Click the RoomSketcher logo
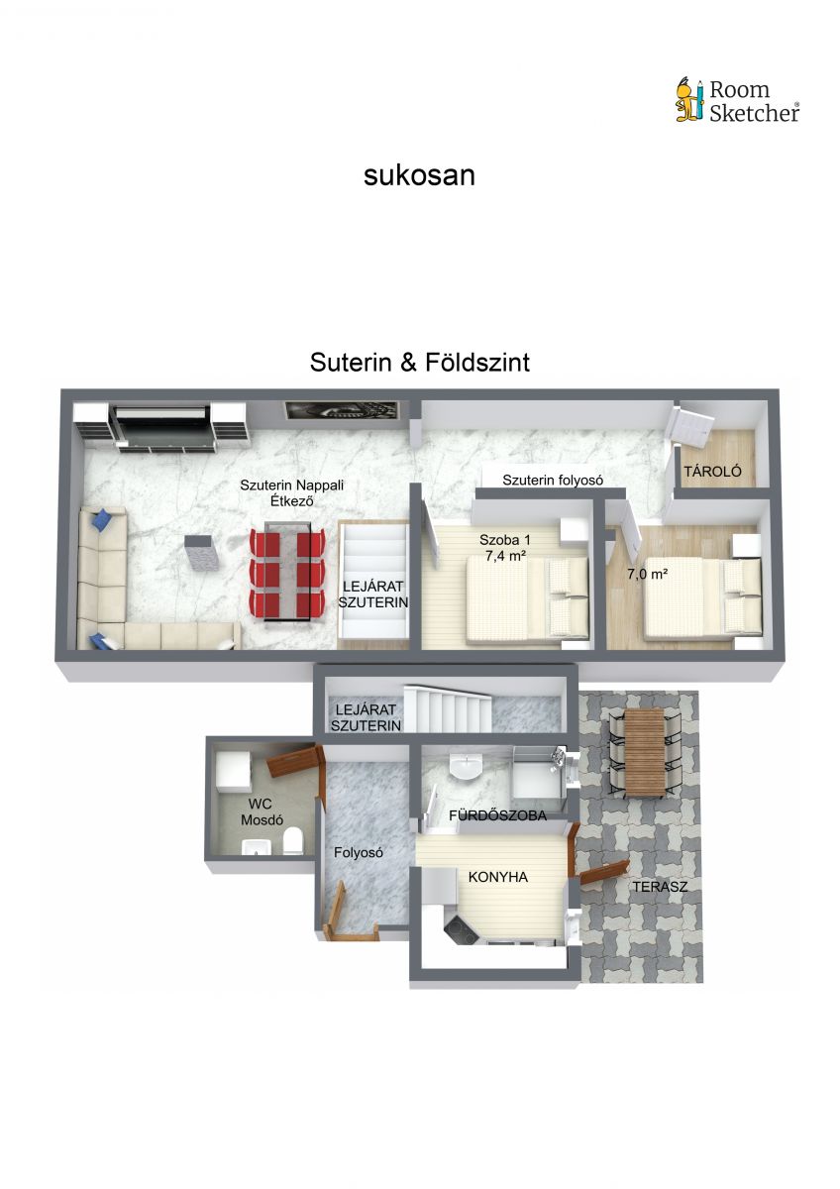737,101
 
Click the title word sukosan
419,175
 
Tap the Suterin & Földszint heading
420,363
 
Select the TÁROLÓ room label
712,471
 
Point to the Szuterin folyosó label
553,480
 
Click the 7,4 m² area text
505,556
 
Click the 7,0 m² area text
648,574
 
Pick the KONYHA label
497,878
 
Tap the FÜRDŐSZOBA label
497,815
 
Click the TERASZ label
660,887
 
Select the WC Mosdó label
262,811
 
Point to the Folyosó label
359,852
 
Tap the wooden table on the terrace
645,753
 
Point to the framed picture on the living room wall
342,410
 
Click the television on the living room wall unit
164,417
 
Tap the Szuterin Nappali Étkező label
292,492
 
